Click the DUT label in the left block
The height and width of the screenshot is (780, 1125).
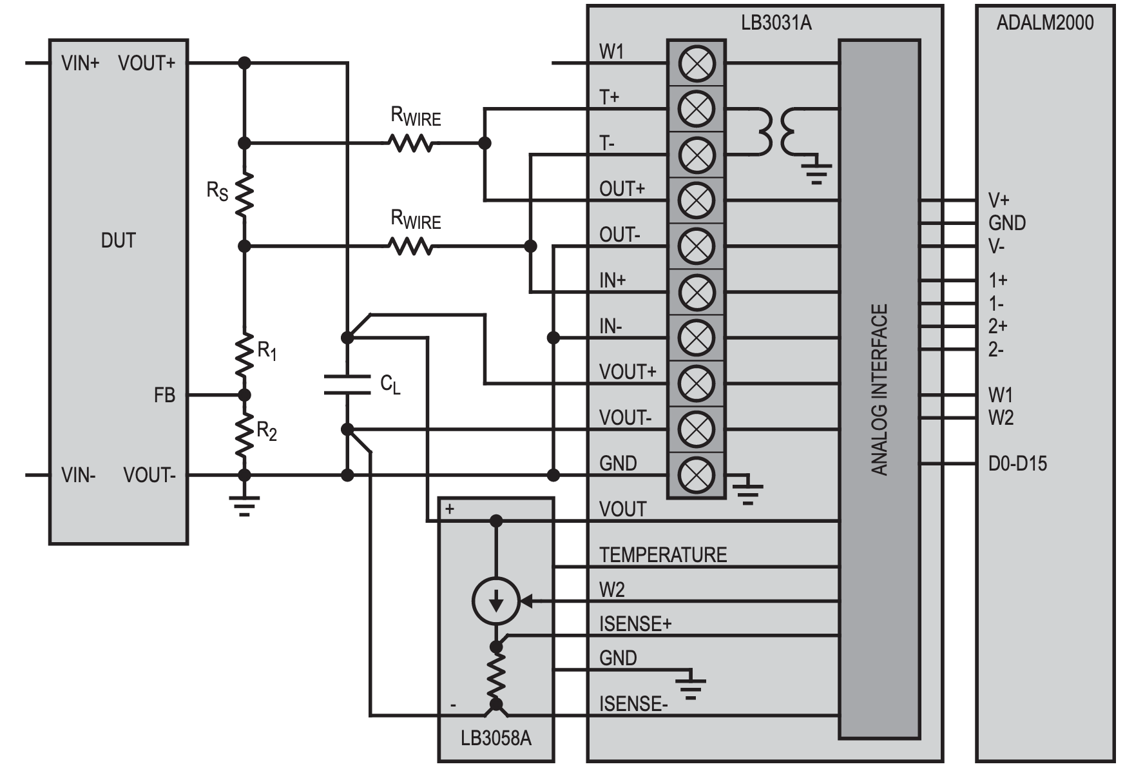[x=118, y=240]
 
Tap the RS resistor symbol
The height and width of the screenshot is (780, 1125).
[x=244, y=194]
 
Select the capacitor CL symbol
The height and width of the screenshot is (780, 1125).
[x=347, y=384]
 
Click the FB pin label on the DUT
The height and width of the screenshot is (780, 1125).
[x=164, y=395]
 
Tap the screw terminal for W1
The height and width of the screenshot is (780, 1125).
[x=696, y=63]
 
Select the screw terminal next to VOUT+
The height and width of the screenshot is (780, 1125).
[x=696, y=384]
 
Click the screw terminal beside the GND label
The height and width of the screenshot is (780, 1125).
[x=696, y=475]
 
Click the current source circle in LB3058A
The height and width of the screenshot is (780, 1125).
[x=495, y=601]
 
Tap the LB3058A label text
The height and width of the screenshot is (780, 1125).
[x=495, y=738]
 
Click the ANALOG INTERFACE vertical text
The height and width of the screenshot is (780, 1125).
[x=880, y=390]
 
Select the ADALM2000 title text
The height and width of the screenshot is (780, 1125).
[x=1044, y=23]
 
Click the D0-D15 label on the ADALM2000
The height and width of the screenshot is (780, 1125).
[x=1017, y=463]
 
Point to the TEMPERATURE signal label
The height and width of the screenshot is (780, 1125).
[x=662, y=555]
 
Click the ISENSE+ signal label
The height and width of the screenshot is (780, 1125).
[x=635, y=624]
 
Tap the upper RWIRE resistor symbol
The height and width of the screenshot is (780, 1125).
[x=410, y=142]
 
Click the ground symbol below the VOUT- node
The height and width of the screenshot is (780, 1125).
[x=244, y=505]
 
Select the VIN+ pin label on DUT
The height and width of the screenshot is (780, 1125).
[x=80, y=63]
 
